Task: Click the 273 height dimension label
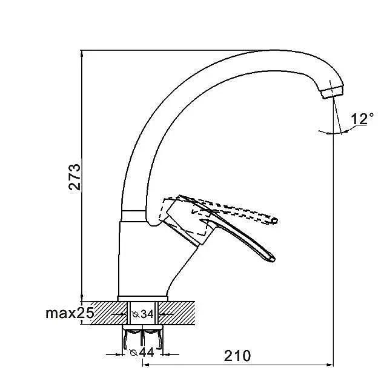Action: (x=74, y=177)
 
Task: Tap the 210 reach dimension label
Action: (x=237, y=356)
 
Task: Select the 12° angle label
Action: (x=362, y=119)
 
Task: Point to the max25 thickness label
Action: (x=70, y=313)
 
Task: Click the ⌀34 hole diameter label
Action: (x=143, y=314)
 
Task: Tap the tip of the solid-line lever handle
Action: (x=273, y=260)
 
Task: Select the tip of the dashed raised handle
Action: (x=275, y=220)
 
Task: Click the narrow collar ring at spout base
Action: (x=133, y=216)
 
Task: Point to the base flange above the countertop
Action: (x=143, y=299)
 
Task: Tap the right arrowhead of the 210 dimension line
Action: (x=330, y=365)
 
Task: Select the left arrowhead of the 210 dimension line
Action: (x=146, y=365)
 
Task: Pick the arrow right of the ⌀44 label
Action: (x=171, y=354)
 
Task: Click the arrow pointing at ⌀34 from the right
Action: (x=167, y=314)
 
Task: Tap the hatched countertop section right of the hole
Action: (x=177, y=313)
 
